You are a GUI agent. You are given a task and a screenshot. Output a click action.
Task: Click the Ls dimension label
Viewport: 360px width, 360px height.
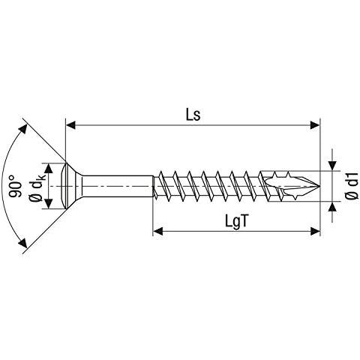click(193, 115)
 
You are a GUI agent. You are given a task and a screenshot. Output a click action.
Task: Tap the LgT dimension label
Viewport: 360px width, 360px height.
click(236, 221)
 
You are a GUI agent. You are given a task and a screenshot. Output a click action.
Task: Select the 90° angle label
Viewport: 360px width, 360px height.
click(15, 186)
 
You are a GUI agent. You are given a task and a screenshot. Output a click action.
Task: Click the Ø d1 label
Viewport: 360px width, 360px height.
click(352, 185)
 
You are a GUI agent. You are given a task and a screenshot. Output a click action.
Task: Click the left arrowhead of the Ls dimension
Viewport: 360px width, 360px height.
click(70, 125)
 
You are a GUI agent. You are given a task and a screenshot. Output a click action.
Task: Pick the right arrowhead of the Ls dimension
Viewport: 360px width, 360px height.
click(315, 125)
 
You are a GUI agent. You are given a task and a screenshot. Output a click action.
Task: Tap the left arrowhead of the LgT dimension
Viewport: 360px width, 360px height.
click(157, 231)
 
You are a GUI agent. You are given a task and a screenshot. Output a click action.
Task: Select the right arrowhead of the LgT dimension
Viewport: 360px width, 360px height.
click(315, 231)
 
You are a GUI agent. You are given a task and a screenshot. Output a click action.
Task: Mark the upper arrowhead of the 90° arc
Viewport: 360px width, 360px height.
click(23, 129)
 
